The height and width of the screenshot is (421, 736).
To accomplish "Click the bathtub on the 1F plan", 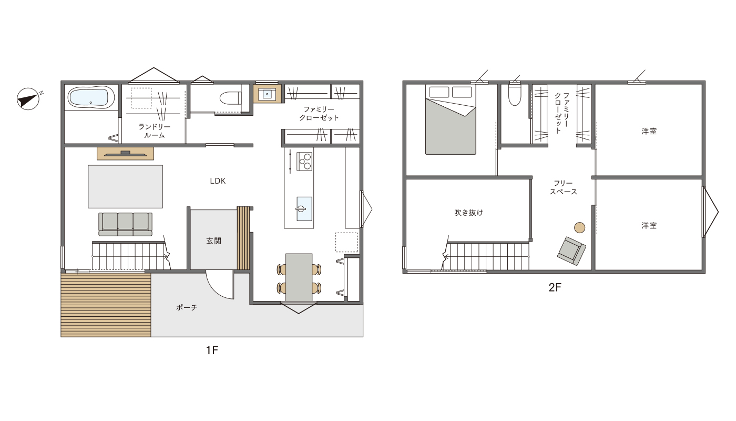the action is (x=91, y=97).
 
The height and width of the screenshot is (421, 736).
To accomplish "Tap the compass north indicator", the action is (x=28, y=99).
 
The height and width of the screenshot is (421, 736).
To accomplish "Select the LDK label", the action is (x=218, y=181).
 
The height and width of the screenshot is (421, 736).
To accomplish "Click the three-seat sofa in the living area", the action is (x=125, y=224).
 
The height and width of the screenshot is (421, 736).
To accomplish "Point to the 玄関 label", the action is (x=213, y=241).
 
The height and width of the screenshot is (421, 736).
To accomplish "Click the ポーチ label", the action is (x=187, y=307).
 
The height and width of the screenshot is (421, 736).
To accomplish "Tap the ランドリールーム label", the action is (x=154, y=131).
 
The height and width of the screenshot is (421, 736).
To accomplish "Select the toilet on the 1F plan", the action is (x=230, y=98).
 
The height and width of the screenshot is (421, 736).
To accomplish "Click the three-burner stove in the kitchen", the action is (x=304, y=161).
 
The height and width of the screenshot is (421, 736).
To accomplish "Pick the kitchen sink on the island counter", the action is (x=304, y=209).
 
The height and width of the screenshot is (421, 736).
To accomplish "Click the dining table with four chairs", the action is (x=299, y=277).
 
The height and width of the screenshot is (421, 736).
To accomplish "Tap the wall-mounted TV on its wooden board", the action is (x=125, y=154).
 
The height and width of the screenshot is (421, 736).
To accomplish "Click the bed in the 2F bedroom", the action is (x=451, y=119).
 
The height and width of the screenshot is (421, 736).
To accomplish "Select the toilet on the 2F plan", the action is (x=515, y=95).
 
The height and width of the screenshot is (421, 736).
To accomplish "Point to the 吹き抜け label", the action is (x=468, y=213).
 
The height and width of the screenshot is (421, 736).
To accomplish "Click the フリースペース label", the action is (x=563, y=187).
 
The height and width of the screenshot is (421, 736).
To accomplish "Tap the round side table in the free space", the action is (x=579, y=227).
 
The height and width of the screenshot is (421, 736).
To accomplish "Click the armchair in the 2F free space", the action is (x=572, y=251).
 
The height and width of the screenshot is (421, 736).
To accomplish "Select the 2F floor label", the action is (x=555, y=288).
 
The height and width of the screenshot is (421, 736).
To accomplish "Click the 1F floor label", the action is (x=212, y=350).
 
